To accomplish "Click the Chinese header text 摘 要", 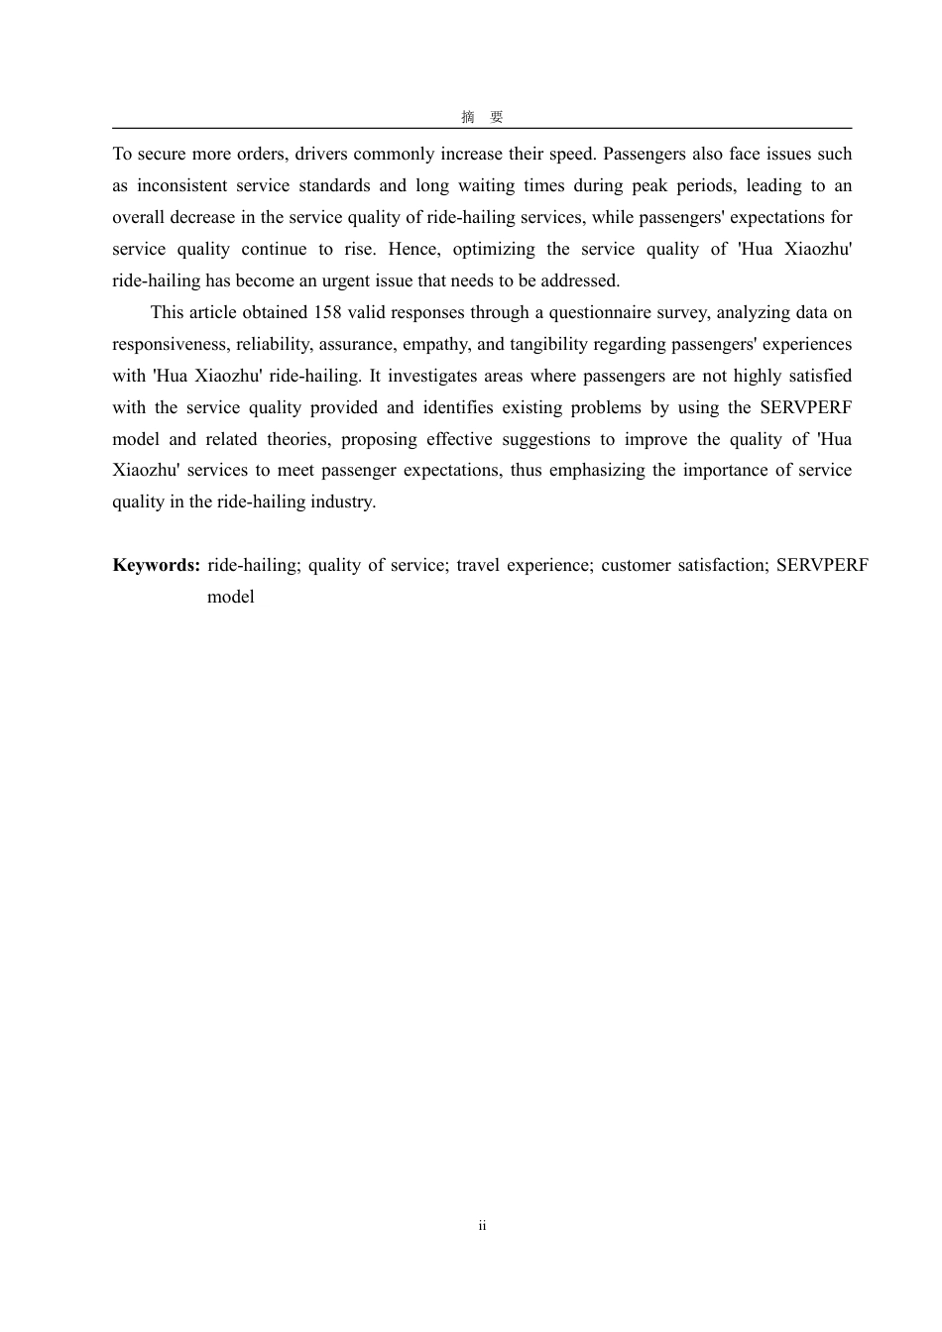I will pos(482,117).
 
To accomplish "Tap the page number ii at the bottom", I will pos(482,1226).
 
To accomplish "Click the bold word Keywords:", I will pos(157,565).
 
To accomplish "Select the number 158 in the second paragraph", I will pos(327,312).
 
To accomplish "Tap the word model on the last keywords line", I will pos(231,597).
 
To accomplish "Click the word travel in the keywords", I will pos(478,565).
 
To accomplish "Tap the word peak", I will pos(649,185).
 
